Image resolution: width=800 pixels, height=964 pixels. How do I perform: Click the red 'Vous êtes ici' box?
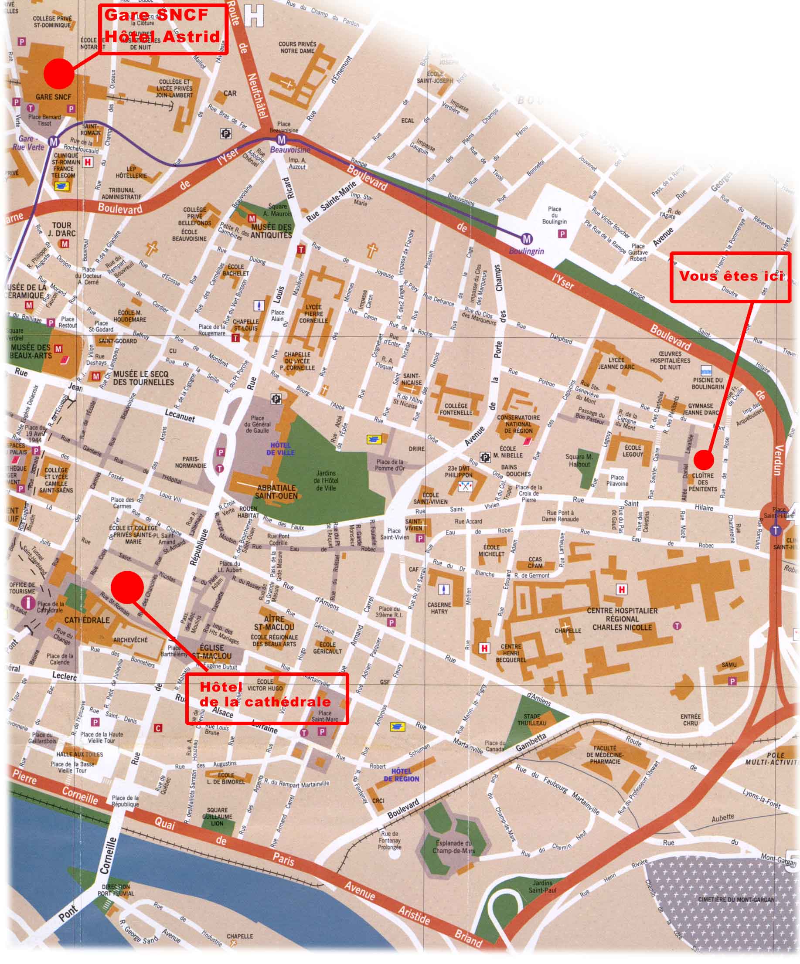[730, 277]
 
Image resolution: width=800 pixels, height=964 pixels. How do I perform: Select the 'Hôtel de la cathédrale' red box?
[266, 699]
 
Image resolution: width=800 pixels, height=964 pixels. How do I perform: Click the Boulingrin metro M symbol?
[527, 239]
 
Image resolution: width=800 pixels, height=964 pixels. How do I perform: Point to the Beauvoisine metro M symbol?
[282, 140]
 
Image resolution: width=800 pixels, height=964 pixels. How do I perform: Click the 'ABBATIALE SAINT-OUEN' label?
[276, 492]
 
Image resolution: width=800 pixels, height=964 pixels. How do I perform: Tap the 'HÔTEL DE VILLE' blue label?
[281, 448]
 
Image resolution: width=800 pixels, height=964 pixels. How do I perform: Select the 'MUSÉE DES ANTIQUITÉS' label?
[272, 231]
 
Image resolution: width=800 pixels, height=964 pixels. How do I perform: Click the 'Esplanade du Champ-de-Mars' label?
[453, 846]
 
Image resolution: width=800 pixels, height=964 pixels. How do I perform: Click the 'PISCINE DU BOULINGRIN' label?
[707, 384]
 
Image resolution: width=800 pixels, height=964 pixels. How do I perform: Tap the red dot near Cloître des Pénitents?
[704, 459]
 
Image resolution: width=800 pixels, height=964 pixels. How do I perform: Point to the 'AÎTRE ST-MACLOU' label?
[274, 623]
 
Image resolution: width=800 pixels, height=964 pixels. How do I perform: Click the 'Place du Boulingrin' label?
[554, 215]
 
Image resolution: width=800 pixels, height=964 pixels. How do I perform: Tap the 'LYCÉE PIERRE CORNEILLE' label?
[313, 313]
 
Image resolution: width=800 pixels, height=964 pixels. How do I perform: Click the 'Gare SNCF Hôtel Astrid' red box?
[163, 29]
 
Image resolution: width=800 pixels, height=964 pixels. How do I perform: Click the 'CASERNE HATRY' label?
[439, 608]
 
